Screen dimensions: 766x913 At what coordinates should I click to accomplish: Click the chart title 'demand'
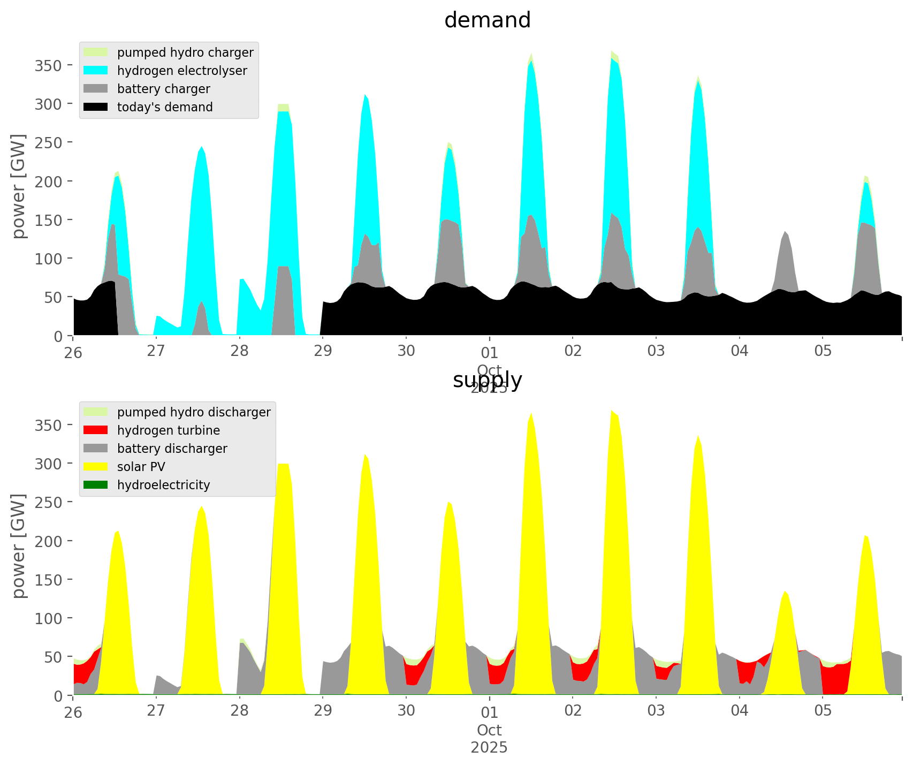pyautogui.click(x=487, y=20)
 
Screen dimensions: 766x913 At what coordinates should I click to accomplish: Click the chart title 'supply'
pyautogui.click(x=487, y=380)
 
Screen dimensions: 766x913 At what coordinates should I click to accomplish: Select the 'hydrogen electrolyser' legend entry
pyautogui.click(x=182, y=71)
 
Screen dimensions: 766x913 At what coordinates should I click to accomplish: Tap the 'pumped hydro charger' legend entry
pyautogui.click(x=185, y=52)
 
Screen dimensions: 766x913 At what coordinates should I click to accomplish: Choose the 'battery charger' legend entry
pyautogui.click(x=163, y=89)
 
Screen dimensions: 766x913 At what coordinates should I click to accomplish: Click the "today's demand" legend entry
pyautogui.click(x=165, y=107)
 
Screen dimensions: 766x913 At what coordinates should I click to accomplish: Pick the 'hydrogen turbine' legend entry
pyautogui.click(x=169, y=430)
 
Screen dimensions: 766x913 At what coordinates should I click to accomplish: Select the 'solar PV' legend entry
pyautogui.click(x=141, y=467)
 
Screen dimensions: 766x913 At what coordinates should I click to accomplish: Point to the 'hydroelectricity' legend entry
pyautogui.click(x=163, y=485)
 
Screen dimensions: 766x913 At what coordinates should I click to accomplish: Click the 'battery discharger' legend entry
pyautogui.click(x=172, y=449)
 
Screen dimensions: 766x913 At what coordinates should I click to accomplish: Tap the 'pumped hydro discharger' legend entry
pyautogui.click(x=194, y=412)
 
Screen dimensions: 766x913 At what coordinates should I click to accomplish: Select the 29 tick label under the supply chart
pyautogui.click(x=323, y=711)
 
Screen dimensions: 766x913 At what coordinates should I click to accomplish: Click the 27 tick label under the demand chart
pyautogui.click(x=156, y=351)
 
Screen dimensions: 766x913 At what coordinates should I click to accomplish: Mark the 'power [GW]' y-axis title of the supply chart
pyautogui.click(x=19, y=546)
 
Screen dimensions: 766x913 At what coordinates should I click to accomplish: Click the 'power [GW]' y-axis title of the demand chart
pyautogui.click(x=19, y=186)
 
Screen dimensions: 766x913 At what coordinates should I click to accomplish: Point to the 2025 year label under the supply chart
pyautogui.click(x=489, y=747)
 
